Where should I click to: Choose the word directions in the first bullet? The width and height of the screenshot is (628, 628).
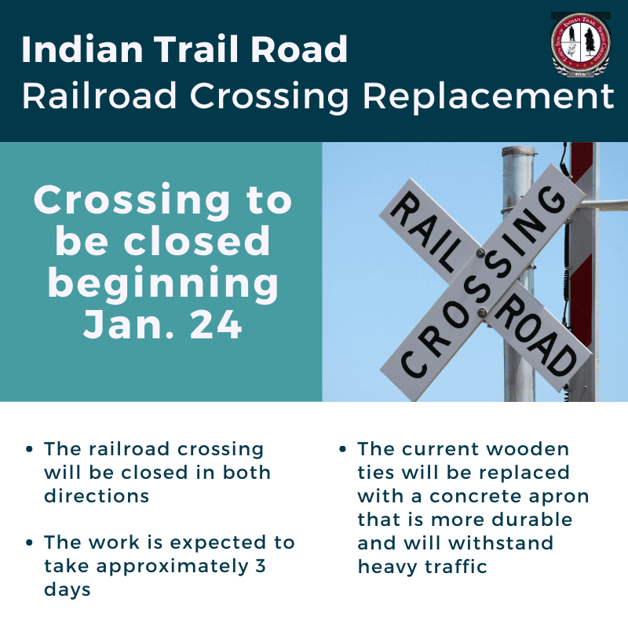pos(97,496)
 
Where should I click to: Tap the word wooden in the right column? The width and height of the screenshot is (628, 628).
pos(530,450)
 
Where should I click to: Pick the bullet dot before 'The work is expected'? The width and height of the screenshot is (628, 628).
pos(29,542)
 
